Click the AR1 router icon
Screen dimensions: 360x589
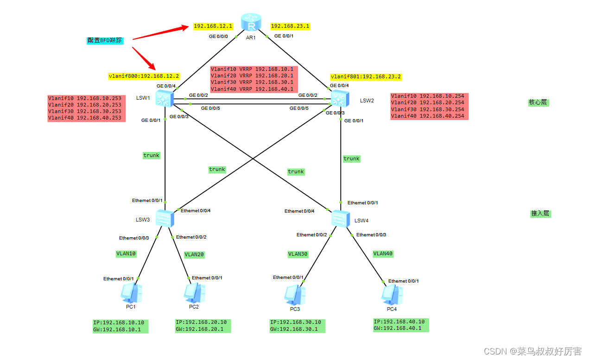pyautogui.click(x=251, y=23)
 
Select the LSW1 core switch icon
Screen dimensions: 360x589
pyautogui.click(x=165, y=98)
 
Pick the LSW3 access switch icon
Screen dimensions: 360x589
pyautogui.click(x=165, y=218)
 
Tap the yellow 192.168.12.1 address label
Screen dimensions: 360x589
pyautogui.click(x=213, y=26)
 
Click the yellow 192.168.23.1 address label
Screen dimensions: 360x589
pyautogui.click(x=290, y=26)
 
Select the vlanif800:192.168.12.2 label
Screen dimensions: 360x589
pyautogui.click(x=144, y=76)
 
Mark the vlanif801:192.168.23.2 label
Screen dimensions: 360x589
pyautogui.click(x=366, y=76)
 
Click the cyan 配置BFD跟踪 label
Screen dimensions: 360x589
pyautogui.click(x=104, y=40)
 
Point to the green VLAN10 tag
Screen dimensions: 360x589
pyautogui.click(x=126, y=254)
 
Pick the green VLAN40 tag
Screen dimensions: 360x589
pyautogui.click(x=383, y=254)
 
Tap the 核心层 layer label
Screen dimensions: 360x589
pyautogui.click(x=538, y=102)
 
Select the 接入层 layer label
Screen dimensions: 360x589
pyautogui.click(x=540, y=214)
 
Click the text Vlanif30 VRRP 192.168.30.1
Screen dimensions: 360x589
pyautogui.click(x=252, y=82)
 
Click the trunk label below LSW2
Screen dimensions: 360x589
pyautogui.click(x=351, y=159)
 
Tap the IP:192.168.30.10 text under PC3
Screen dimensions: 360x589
pyautogui.click(x=297, y=322)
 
